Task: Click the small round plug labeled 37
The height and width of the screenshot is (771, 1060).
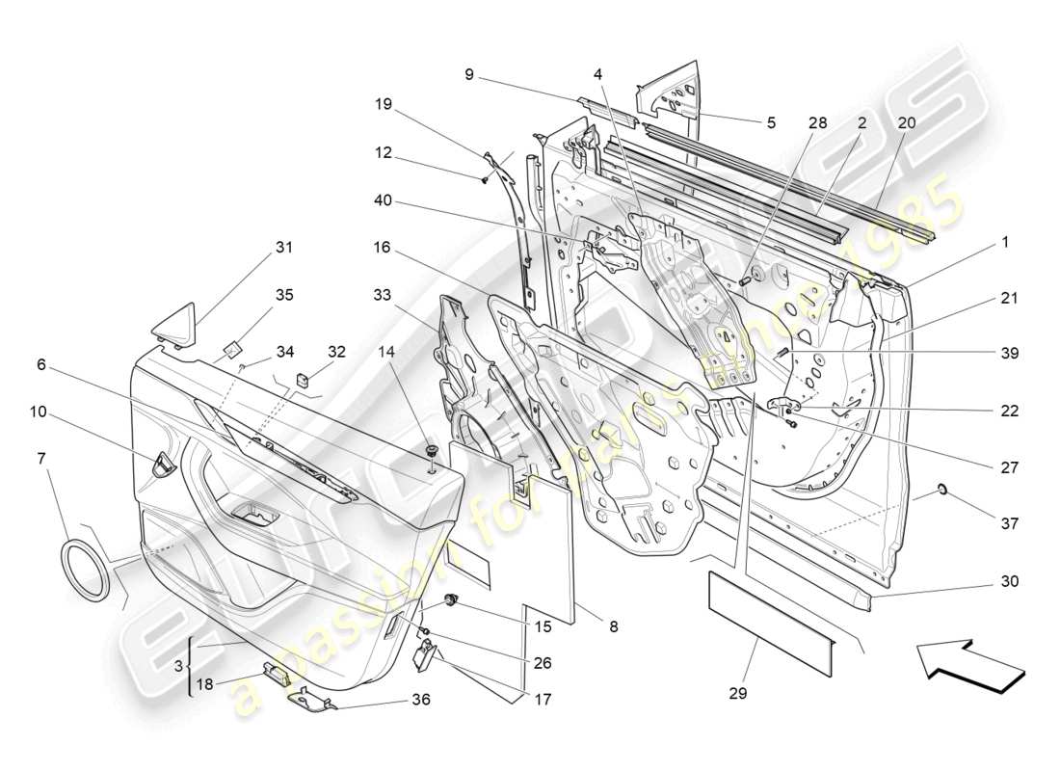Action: click(943, 490)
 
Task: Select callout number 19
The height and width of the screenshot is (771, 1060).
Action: click(383, 104)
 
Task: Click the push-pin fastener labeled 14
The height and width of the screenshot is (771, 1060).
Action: click(430, 453)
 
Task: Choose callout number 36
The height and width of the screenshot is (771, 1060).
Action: click(419, 700)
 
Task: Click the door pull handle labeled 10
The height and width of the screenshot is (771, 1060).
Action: click(164, 465)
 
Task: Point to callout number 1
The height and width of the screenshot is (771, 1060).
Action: click(1005, 243)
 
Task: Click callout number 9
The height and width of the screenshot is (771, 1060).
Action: click(469, 73)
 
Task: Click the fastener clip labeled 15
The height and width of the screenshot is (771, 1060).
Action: click(450, 601)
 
